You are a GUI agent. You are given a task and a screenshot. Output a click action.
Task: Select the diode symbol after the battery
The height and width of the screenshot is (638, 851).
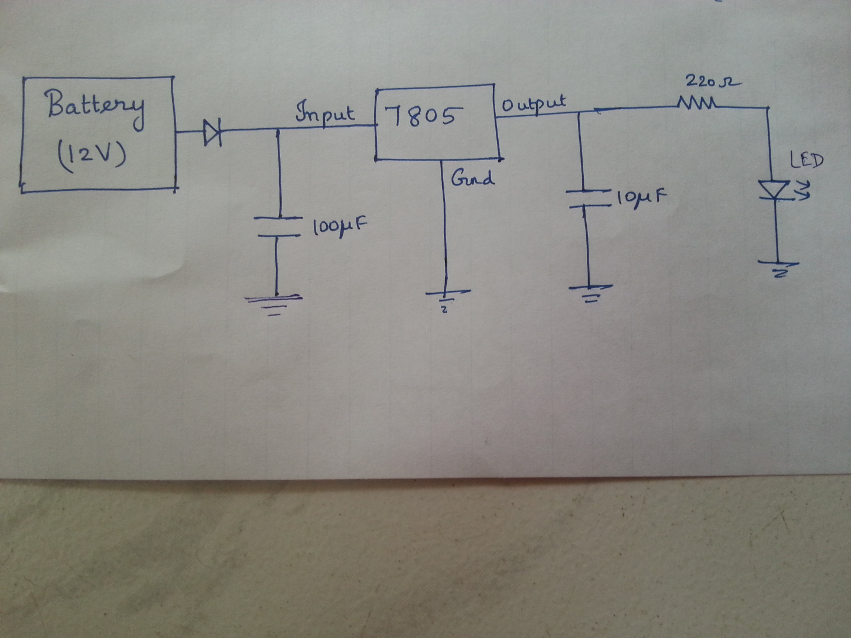point(212,132)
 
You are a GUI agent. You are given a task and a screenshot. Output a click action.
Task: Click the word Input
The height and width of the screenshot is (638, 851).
point(325,113)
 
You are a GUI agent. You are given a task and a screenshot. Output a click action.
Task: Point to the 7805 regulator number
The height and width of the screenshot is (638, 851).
point(420,116)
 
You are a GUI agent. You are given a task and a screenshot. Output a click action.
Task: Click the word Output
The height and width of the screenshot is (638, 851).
point(534,105)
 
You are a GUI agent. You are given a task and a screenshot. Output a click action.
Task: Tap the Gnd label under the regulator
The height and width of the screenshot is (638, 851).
point(472,178)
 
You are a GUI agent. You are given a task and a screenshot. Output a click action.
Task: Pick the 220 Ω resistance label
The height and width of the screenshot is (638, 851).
point(713,82)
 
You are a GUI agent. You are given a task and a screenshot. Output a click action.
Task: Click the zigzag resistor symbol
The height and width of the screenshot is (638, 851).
point(698,105)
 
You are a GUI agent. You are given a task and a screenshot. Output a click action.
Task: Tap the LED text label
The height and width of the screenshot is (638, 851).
point(806,159)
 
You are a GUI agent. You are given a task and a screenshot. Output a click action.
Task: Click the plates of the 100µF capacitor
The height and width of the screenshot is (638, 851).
point(277,227)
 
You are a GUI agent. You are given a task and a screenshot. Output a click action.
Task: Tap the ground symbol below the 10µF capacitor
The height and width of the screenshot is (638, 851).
point(590,292)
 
